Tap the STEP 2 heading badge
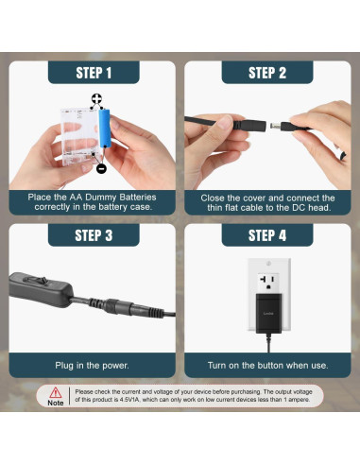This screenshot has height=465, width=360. tap(266, 73)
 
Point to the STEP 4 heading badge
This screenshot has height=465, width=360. tap(266, 235)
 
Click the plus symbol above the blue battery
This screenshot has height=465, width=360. tap(96, 99)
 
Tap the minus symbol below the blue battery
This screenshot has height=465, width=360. tap(101, 168)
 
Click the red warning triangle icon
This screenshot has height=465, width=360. tap(56, 391)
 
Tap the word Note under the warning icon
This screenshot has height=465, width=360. tap(56, 403)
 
